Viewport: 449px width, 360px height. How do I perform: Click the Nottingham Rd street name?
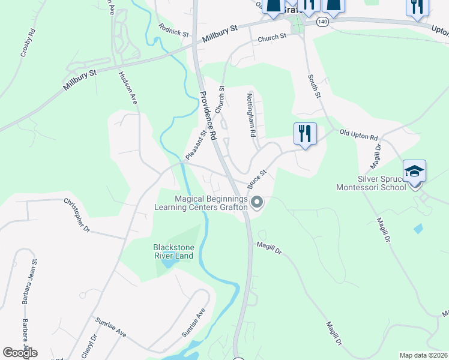253,115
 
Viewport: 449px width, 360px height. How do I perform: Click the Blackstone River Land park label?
173,251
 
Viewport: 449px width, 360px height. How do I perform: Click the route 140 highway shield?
324,22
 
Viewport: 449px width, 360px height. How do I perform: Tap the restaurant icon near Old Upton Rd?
305,134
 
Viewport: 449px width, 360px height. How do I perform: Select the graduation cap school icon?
415,171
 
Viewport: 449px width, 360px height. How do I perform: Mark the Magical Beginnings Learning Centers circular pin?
257,203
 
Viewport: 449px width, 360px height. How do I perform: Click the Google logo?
20,353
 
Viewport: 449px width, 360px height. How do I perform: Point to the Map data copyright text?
424,355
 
